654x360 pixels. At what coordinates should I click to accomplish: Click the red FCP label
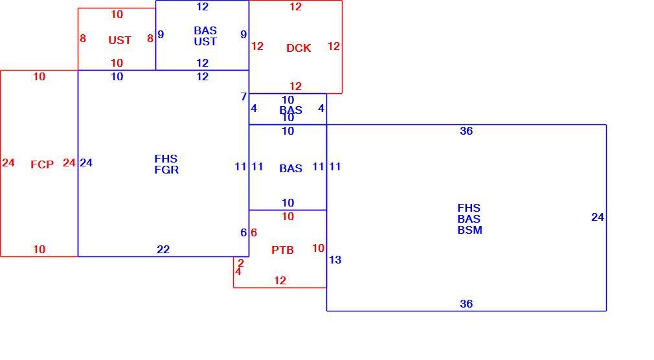point(42,164)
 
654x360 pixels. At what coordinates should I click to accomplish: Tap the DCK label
point(299,48)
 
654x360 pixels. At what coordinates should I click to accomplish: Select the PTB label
point(283,250)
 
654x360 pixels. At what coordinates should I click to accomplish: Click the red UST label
point(120,40)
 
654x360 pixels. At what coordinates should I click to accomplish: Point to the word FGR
point(166,170)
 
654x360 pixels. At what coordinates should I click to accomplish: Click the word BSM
point(469,230)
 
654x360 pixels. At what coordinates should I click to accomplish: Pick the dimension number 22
point(163,249)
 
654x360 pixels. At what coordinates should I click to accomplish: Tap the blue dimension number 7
point(243,96)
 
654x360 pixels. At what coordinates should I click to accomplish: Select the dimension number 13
point(335,260)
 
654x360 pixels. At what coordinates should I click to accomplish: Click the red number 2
point(241,264)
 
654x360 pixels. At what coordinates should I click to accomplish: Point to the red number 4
point(238,271)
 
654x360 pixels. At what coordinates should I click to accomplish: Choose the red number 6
point(254,232)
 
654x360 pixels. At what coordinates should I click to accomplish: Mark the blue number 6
point(243,232)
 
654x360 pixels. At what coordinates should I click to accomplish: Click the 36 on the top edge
point(466,131)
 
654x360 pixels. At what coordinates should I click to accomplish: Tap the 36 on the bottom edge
point(466,304)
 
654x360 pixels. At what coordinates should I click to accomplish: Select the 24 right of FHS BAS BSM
point(598,218)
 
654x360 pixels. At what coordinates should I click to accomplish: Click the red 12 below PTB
point(280,281)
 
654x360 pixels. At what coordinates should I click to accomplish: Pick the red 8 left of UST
point(83,38)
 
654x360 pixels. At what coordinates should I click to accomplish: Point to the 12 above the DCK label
point(295,6)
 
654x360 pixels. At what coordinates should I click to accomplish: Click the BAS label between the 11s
point(291,168)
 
